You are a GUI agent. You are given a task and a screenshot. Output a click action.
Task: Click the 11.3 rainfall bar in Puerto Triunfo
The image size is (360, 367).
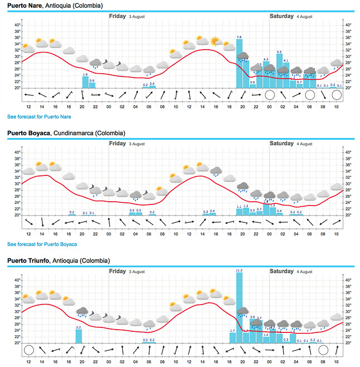(239, 308)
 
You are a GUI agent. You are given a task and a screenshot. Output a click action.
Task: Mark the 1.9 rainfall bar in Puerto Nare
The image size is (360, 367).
(85, 82)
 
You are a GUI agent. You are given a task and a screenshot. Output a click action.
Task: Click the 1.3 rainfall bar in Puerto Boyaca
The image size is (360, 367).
(272, 211)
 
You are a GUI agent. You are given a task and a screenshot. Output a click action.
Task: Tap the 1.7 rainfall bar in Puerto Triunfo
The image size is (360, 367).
(233, 337)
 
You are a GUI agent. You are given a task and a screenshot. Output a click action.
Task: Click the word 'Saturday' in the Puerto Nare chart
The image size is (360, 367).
(281, 16)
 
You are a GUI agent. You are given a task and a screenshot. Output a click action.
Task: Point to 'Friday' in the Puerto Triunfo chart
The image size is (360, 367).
(117, 271)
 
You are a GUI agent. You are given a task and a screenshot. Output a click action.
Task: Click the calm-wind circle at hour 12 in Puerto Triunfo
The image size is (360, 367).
(28, 350)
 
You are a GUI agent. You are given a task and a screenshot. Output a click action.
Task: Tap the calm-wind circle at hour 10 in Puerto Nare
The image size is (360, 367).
(336, 95)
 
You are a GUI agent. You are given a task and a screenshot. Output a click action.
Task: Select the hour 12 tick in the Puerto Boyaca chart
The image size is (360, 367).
(28, 233)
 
